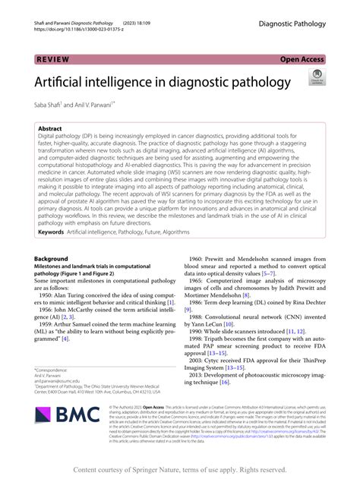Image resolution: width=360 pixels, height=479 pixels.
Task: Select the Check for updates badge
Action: click(316, 79)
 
